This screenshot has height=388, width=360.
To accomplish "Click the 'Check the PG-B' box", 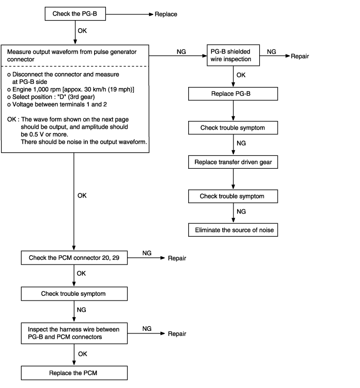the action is click(x=75, y=13).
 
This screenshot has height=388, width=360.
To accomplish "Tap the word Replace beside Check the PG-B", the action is click(x=166, y=14).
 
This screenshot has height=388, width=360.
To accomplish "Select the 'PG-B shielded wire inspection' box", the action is click(x=233, y=55).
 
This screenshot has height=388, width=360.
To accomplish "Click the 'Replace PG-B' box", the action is click(x=233, y=94).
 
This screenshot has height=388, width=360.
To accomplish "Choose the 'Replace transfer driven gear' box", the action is click(x=233, y=162).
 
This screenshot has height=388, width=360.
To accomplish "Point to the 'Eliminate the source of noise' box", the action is click(x=233, y=230).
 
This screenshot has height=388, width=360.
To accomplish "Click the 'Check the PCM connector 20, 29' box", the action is click(x=74, y=258).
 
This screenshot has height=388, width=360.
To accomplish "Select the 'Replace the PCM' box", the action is click(x=74, y=373).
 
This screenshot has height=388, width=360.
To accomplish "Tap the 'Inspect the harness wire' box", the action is click(x=74, y=333).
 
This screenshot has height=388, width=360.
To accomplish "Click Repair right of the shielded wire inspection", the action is click(x=300, y=56).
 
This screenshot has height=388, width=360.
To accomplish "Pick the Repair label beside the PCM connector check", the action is click(x=177, y=258).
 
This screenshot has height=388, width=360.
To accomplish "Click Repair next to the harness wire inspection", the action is click(x=177, y=333).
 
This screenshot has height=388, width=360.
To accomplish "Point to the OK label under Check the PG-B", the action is click(x=82, y=31).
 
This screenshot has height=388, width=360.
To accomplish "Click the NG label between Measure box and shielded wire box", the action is click(x=181, y=52).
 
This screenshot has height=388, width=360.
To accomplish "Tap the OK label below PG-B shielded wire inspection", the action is click(x=241, y=75).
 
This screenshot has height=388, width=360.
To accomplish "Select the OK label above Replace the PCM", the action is click(x=83, y=354).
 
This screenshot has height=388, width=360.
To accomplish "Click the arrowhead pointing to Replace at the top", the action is click(x=151, y=14).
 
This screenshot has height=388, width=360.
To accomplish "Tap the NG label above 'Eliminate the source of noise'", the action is click(x=241, y=211).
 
